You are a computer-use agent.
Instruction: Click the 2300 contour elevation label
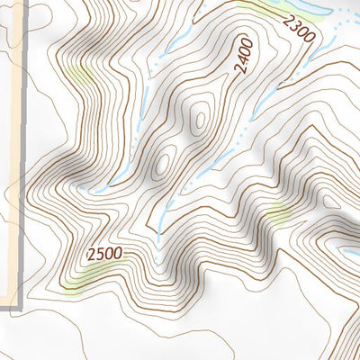pos(297,30)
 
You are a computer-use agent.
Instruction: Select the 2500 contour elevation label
pos(105,255)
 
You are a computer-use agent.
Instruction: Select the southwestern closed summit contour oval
pos(164,163)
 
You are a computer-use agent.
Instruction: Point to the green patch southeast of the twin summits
pos(278,214)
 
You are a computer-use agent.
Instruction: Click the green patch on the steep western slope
pos(79,74)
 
